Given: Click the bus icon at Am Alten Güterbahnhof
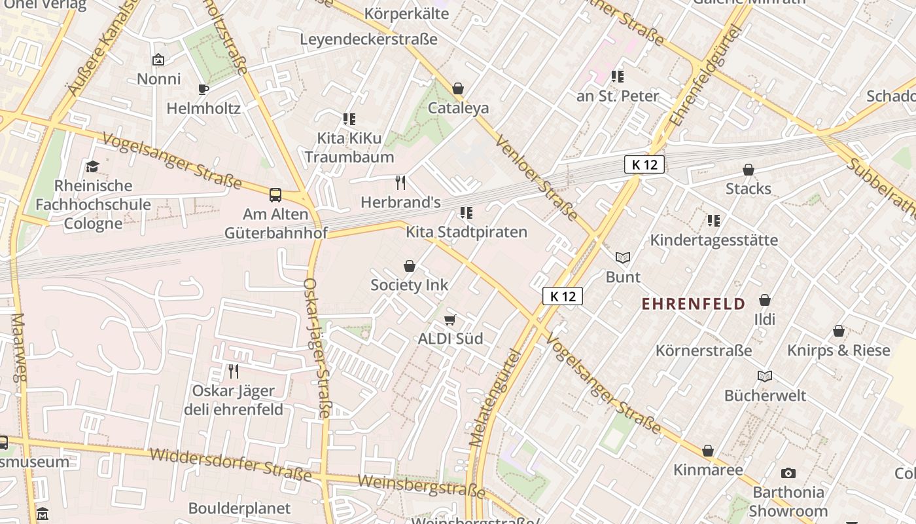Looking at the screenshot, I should coord(275,195).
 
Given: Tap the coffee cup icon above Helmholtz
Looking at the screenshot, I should coord(203,89).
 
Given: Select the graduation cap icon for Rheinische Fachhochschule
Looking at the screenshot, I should coord(92,166).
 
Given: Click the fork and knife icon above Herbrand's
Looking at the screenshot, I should coord(400,183).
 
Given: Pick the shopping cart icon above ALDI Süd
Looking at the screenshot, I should coord(450,320).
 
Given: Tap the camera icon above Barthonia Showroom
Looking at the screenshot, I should coord(788,473).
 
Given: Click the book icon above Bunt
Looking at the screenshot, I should coord(623,258).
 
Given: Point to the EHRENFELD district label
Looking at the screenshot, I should coord(694,304).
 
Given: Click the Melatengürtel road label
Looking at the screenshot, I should coord(495,398).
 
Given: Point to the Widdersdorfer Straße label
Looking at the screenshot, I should coord(230,464).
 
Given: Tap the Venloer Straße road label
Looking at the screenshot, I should coord(536,178).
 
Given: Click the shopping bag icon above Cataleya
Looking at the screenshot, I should coord(458,88).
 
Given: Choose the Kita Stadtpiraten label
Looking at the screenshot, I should coord(467,232).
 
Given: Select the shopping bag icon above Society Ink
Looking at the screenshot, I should coord(410,266).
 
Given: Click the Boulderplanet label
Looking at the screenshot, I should coord(239,508).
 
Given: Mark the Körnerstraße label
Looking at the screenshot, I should coord(704,350).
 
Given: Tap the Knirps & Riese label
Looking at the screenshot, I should coord(839,350).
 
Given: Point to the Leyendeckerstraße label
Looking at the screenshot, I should coord(368,39).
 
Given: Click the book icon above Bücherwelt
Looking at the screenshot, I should coord(765,377).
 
